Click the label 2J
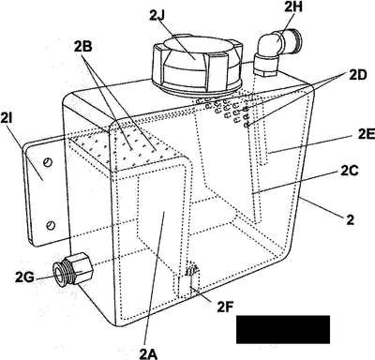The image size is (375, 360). click(157, 16)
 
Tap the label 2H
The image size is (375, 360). click(293, 7)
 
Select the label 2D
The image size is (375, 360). click(357, 75)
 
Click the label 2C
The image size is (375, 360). click(350, 171)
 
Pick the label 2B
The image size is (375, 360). click(82, 47)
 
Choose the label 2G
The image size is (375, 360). click(24, 277)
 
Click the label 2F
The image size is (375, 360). click(226, 307)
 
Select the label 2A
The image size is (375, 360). click(148, 353)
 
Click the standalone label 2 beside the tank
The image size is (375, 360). click(351, 219)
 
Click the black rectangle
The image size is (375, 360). click(283, 329)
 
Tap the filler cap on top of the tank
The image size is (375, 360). click(197, 65)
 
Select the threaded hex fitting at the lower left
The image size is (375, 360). click(73, 268)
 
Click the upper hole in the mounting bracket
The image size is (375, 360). click(48, 162)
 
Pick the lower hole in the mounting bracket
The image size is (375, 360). click(51, 225)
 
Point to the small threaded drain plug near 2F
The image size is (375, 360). click(191, 270)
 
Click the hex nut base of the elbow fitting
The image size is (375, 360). click(265, 65)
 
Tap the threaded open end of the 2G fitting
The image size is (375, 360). click(58, 272)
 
